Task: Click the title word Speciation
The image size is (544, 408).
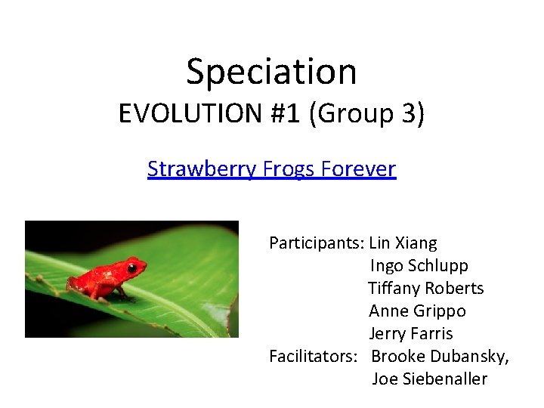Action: click(x=271, y=72)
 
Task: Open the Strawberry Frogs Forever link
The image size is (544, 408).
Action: click(x=271, y=168)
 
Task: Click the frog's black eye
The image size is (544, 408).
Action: click(x=132, y=267)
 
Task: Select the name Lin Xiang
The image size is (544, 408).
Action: click(x=403, y=243)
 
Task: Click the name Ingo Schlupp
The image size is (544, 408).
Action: click(x=419, y=266)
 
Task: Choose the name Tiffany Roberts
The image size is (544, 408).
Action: click(x=425, y=289)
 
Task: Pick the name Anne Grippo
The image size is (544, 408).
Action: click(x=417, y=311)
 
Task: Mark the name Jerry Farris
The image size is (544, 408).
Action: click(x=410, y=334)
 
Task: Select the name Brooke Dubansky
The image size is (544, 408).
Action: click(x=440, y=357)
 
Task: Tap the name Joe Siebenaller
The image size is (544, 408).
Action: click(x=429, y=379)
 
